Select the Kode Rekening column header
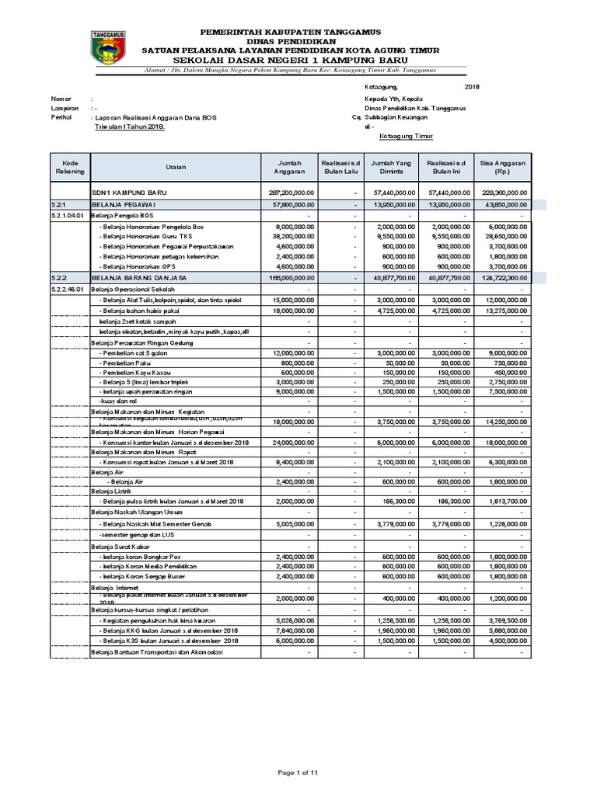click(72, 166)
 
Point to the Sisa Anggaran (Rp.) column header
click(502, 166)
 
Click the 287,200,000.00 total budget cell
click(291, 192)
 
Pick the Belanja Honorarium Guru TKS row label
click(144, 236)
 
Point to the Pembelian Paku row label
click(125, 362)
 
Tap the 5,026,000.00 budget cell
click(294, 620)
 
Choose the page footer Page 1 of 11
click(298, 772)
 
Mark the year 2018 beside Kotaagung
click(472, 87)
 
